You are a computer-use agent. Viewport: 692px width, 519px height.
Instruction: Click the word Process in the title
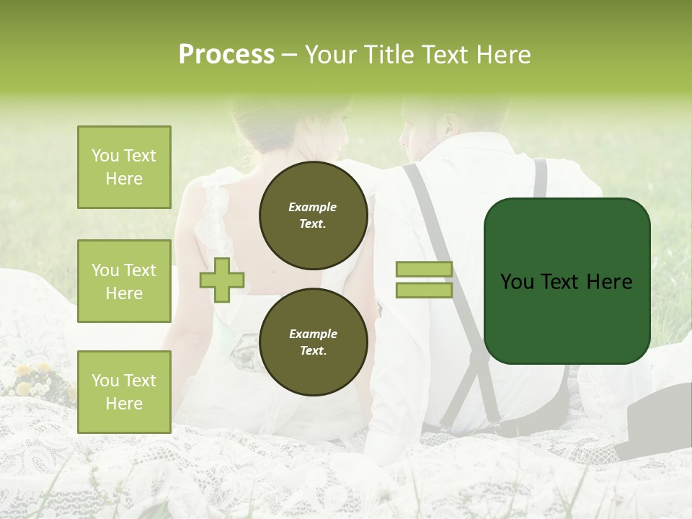click(226, 55)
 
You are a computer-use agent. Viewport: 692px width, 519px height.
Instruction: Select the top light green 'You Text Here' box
click(124, 167)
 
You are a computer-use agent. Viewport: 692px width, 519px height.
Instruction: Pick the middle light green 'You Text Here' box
click(124, 281)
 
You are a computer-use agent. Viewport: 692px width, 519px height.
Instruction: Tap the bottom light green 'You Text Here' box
click(124, 392)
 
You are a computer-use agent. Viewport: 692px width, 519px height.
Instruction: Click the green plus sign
click(222, 280)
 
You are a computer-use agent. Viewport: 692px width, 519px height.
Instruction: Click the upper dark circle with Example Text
click(313, 215)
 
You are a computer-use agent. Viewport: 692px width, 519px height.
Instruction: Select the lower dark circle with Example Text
click(313, 342)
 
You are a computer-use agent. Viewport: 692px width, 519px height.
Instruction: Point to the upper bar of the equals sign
click(424, 270)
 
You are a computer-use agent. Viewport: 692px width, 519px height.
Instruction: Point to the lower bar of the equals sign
click(424, 290)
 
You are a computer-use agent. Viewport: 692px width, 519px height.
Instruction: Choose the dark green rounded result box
click(567, 281)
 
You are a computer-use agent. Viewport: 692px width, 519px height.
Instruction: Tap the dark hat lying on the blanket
click(656, 425)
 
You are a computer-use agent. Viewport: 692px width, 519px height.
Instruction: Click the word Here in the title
click(502, 55)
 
